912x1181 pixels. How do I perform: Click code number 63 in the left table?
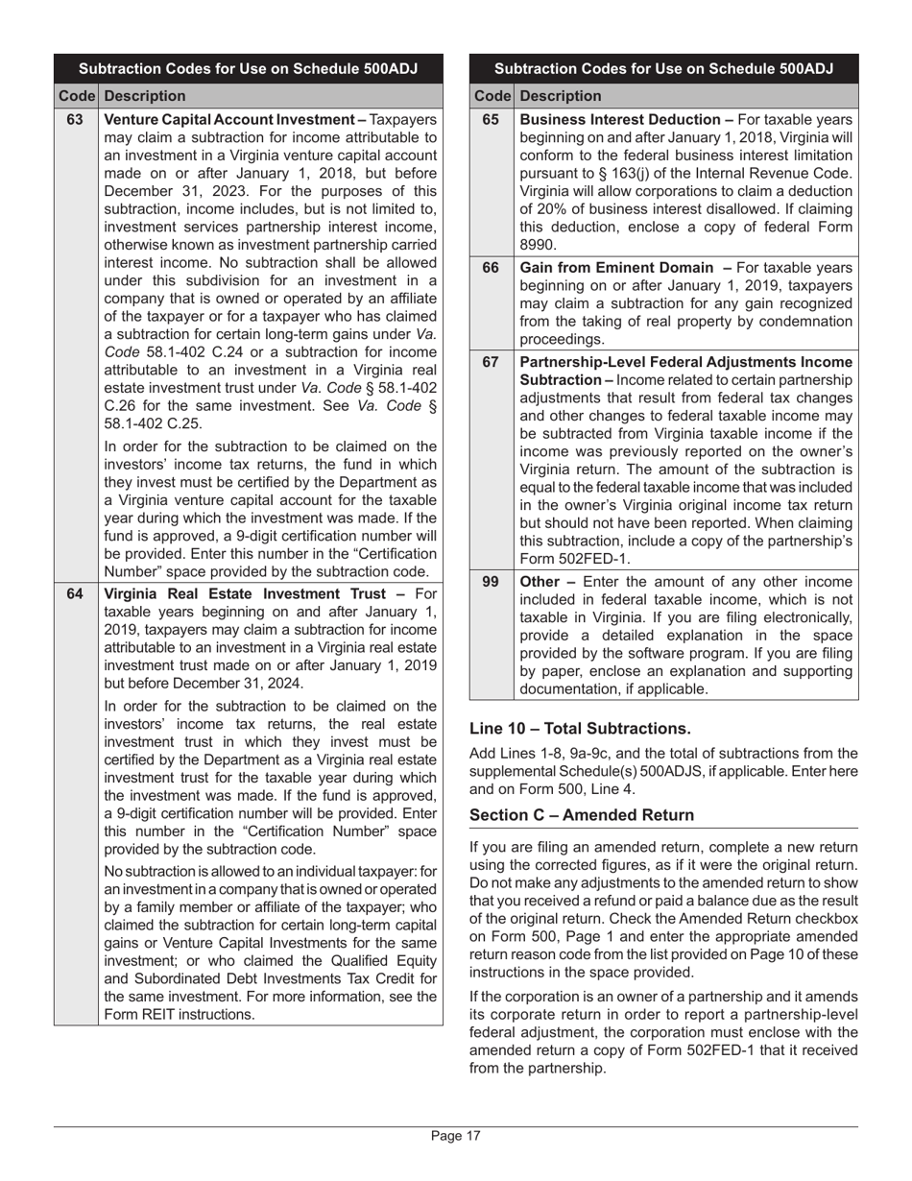click(x=75, y=120)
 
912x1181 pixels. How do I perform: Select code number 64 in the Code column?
click(x=75, y=592)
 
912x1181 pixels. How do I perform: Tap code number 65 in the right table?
click(x=491, y=120)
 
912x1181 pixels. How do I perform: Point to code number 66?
click(x=491, y=268)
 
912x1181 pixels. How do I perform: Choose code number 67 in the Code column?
click(x=491, y=362)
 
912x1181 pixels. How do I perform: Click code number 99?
click(x=491, y=582)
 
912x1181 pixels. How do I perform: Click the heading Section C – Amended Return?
click(x=582, y=815)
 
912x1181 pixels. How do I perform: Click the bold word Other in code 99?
click(x=540, y=582)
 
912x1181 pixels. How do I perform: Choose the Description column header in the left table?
click(x=145, y=96)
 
